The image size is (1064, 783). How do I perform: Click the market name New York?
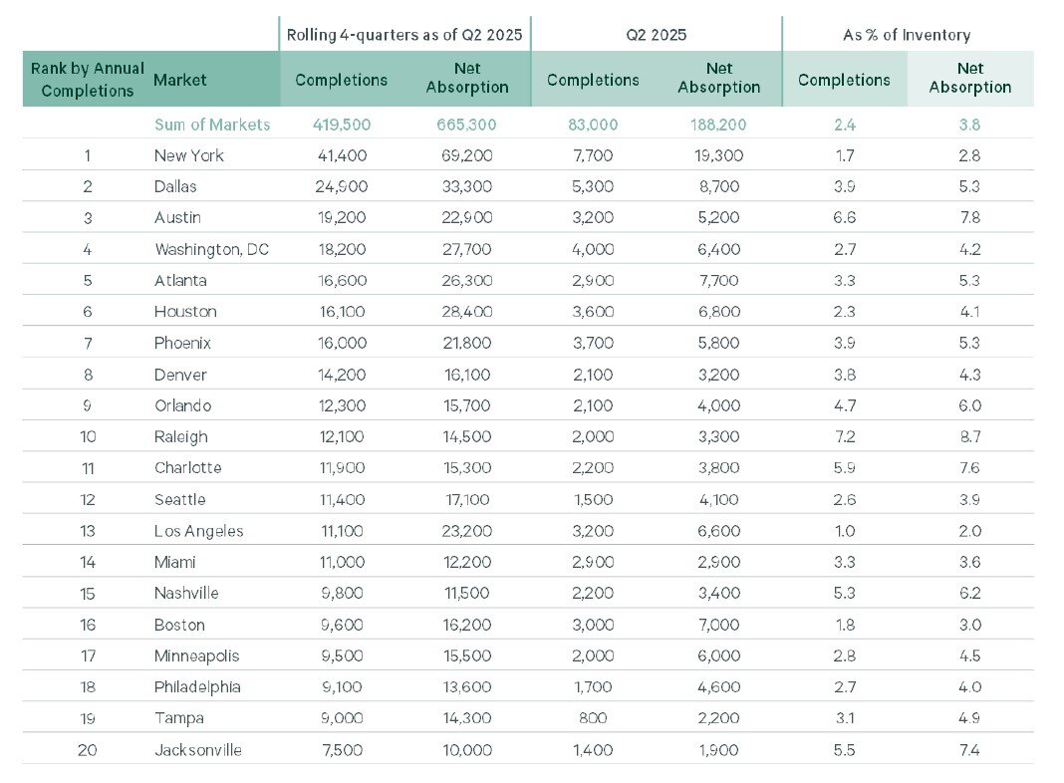pyautogui.click(x=189, y=155)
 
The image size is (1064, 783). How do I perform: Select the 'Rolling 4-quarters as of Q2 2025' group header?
pyautogui.click(x=403, y=35)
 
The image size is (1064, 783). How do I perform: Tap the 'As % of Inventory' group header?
pyautogui.click(x=907, y=35)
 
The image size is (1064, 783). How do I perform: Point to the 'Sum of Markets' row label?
pyautogui.click(x=212, y=125)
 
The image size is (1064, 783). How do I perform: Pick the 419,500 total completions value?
pyautogui.click(x=342, y=125)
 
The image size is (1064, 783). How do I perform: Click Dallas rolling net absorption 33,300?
pyautogui.click(x=466, y=186)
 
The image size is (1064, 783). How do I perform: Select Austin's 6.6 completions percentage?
pyautogui.click(x=844, y=217)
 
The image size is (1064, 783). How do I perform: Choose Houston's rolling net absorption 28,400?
pyautogui.click(x=466, y=311)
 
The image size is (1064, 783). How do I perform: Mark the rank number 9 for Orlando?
pyautogui.click(x=87, y=405)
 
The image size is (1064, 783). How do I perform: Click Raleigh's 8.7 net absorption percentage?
pyautogui.click(x=969, y=436)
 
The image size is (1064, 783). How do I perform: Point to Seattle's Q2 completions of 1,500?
pyautogui.click(x=593, y=499)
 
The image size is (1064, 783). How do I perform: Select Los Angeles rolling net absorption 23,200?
pyautogui.click(x=466, y=531)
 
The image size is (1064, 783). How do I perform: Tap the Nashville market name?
pyautogui.click(x=187, y=593)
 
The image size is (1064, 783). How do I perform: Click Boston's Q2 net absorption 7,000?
pyautogui.click(x=718, y=625)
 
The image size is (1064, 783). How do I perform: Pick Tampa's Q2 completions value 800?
pyautogui.click(x=593, y=718)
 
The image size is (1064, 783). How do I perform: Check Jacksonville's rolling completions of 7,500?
pyautogui.click(x=342, y=750)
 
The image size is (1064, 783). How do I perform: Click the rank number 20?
pyautogui.click(x=87, y=750)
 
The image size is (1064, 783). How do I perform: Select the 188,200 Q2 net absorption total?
pyautogui.click(x=718, y=125)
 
